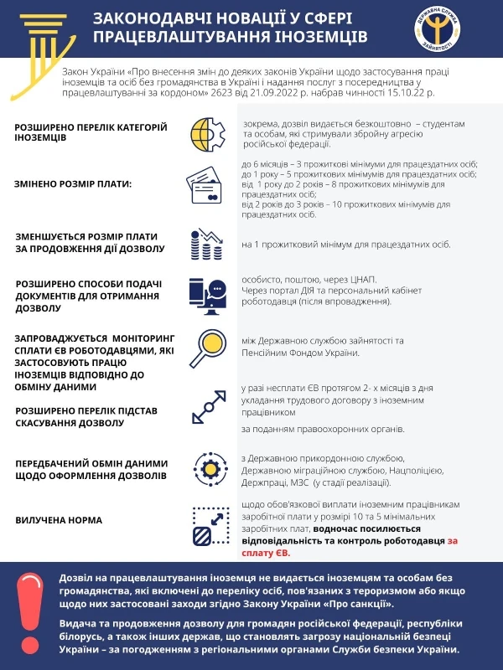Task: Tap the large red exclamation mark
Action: pos(30,616)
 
